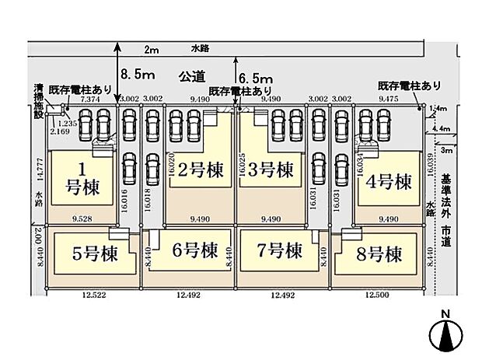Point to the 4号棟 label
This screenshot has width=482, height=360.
pyautogui.click(x=389, y=183)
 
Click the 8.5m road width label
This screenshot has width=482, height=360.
pyautogui.click(x=138, y=75)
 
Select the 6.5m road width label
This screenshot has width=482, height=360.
pyautogui.click(x=256, y=79)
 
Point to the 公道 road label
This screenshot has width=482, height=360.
pyautogui.click(x=191, y=76)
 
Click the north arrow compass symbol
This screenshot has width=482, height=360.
pyautogui.click(x=445, y=334)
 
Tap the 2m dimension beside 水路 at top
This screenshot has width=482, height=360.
pyautogui.click(x=151, y=51)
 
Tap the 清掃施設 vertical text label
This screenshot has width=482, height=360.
pyautogui.click(x=37, y=100)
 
